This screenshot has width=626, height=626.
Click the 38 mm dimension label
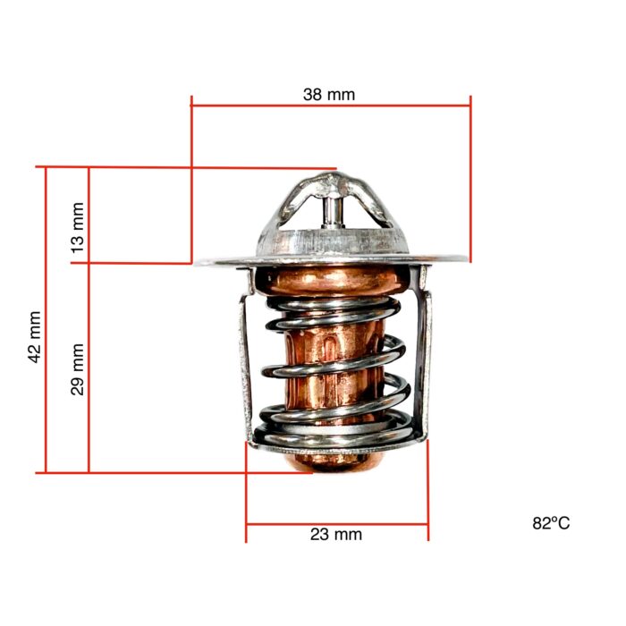(330, 93)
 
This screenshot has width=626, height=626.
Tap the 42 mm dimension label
(34, 336)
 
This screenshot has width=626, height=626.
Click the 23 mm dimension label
(336, 535)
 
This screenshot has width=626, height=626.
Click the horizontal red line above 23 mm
(336, 523)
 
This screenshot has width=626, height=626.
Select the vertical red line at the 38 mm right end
(471, 179)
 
